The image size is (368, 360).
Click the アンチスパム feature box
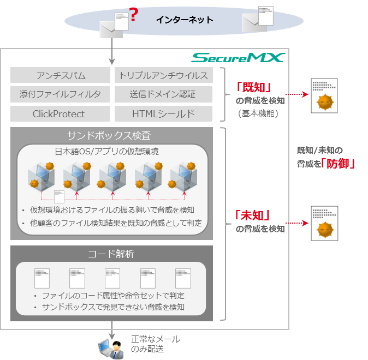(x=61, y=75)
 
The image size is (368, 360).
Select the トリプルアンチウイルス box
(x=164, y=75)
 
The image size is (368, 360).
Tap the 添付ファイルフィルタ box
(x=61, y=94)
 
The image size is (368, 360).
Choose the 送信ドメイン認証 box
(x=164, y=94)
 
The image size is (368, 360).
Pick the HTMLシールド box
(x=164, y=113)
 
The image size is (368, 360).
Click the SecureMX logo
(x=237, y=57)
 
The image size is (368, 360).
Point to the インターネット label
(x=184, y=20)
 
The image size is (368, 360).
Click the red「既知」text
(x=254, y=87)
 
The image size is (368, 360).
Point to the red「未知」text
(x=254, y=215)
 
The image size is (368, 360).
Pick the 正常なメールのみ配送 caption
(x=156, y=344)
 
